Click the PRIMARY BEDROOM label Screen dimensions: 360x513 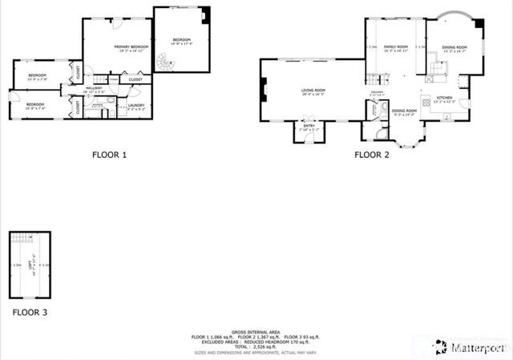click(132, 47)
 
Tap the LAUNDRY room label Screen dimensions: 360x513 click(135, 105)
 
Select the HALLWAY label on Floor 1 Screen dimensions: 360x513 click(94, 88)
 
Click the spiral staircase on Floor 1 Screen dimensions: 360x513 click(164, 63)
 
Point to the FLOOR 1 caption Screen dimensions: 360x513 click(109, 155)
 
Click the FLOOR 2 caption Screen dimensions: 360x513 click(371, 155)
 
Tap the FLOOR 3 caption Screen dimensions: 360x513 click(29, 312)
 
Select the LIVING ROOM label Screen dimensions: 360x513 click(313, 91)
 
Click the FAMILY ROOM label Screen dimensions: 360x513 click(395, 47)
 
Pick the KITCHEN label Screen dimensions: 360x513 click(444, 98)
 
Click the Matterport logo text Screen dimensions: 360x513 click(475, 347)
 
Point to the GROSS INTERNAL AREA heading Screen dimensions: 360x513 click(256, 330)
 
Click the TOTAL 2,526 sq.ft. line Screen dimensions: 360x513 click(256, 346)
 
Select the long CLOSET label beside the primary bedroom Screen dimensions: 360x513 click(135, 79)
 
